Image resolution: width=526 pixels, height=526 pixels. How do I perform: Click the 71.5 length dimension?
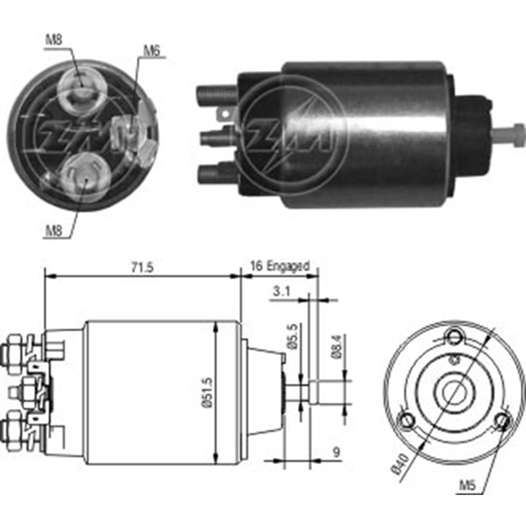[142, 267]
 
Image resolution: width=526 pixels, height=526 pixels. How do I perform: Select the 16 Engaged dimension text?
[280, 266]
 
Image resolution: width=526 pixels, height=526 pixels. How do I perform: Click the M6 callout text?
[151, 50]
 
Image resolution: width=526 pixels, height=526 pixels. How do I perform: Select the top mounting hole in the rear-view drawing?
[453, 335]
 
